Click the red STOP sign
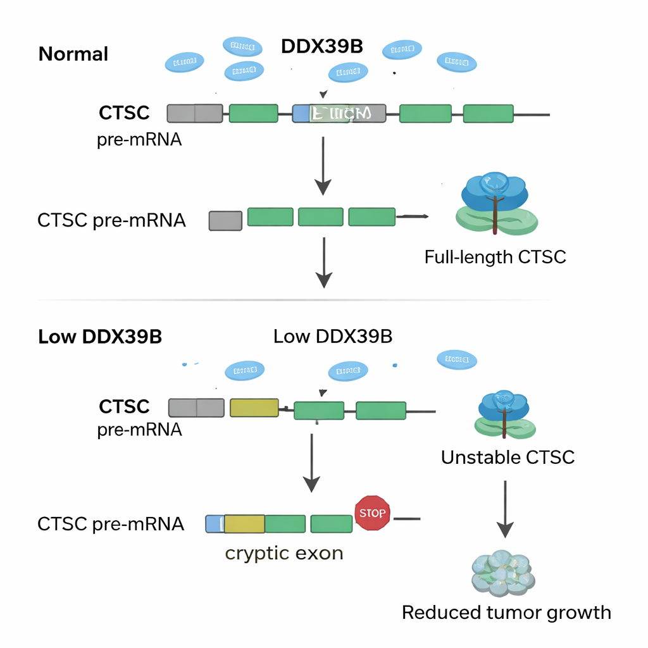click(371, 513)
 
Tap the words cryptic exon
click(284, 553)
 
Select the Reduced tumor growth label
click(506, 613)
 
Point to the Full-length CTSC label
click(495, 257)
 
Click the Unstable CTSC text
click(508, 457)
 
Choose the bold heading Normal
click(73, 54)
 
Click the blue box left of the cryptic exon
click(215, 524)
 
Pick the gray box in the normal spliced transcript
click(225, 220)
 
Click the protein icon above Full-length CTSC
click(496, 202)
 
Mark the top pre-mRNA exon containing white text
click(347, 114)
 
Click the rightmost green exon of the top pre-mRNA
click(488, 114)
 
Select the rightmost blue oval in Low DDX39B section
click(457, 360)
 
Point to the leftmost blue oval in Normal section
click(185, 63)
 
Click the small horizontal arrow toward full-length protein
click(412, 217)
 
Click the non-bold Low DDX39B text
click(333, 337)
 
